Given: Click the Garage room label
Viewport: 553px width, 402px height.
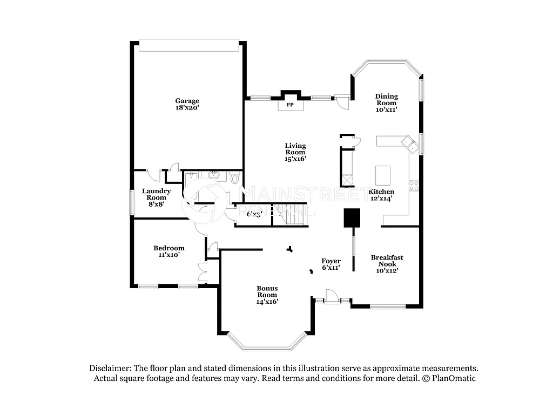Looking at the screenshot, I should click(187, 104).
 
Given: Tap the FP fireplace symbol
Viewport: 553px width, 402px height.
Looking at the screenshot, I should click(290, 105).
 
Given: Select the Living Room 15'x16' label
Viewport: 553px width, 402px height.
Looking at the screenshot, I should click(295, 152).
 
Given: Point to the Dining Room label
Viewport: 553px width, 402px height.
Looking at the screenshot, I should click(386, 103).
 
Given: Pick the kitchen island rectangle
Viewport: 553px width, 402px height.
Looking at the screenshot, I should click(383, 175).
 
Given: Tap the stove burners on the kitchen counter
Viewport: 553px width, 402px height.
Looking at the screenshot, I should click(414, 186).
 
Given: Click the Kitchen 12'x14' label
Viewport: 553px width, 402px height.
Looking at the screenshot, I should click(381, 195).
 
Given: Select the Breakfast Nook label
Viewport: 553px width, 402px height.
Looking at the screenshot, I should click(387, 264).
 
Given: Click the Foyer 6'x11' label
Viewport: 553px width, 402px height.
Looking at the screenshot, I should click(331, 264).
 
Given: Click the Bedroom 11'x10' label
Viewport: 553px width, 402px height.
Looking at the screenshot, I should click(168, 251).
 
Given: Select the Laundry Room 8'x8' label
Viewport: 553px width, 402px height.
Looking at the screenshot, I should click(157, 197).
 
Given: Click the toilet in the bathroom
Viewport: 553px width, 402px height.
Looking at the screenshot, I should click(234, 179).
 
